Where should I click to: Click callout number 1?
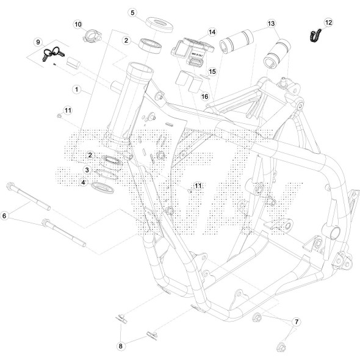[x=77, y=89]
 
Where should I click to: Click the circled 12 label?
[x=329, y=23]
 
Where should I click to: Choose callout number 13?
[x=271, y=23]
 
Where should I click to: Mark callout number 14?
[x=212, y=32]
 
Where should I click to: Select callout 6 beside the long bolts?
[x=5, y=215]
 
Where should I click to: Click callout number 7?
[x=297, y=321]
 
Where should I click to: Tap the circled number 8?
[x=121, y=346]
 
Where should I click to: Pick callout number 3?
[x=88, y=170]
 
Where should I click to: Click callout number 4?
[x=84, y=181]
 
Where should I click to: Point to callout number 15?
[x=212, y=71]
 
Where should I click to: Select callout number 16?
[x=205, y=96]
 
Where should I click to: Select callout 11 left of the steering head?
[x=68, y=110]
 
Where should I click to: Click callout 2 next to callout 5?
[x=126, y=40]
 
